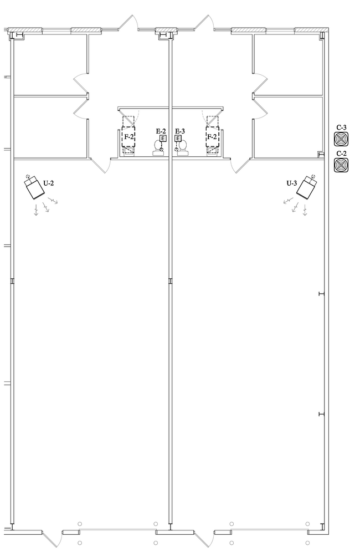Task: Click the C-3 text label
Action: point(342,127)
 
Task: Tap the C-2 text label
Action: point(342,154)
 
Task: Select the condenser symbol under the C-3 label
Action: point(341,139)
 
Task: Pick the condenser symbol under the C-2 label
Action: point(341,165)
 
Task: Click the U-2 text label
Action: point(49,183)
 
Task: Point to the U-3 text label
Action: point(292,183)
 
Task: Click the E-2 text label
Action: point(161,131)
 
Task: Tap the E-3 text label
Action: point(180,131)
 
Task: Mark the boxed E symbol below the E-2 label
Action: point(163,139)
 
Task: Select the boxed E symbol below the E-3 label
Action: point(178,139)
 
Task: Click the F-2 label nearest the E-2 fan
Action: point(128,137)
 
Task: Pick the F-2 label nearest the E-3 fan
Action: point(212,137)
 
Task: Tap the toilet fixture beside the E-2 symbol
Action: point(158,148)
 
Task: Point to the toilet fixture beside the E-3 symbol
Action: point(183,148)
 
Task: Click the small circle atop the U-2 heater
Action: point(28,177)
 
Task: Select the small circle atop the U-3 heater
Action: point(313,177)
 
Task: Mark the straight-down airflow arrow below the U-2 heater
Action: point(36,210)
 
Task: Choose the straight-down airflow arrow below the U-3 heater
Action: point(305,210)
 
